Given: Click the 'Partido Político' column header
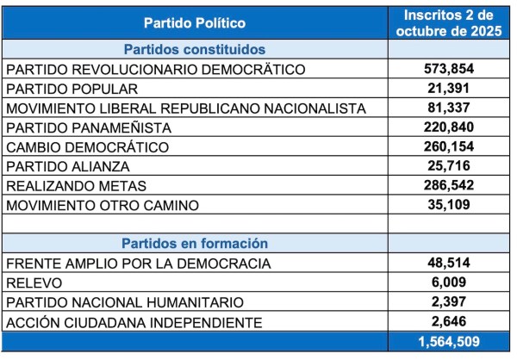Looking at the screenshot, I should pyautogui.click(x=194, y=22).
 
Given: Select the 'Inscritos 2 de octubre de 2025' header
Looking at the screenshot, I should pyautogui.click(x=449, y=22).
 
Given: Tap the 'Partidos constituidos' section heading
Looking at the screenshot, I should pyautogui.click(x=194, y=49).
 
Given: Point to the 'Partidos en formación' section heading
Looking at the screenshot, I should pyautogui.click(x=194, y=244).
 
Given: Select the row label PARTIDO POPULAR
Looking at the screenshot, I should pyautogui.click(x=72, y=89).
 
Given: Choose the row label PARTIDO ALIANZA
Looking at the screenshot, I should pyautogui.click(x=68, y=166).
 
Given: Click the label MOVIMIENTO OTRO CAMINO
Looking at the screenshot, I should pyautogui.click(x=103, y=205).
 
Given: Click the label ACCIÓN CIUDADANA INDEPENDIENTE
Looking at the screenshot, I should pyautogui.click(x=134, y=322).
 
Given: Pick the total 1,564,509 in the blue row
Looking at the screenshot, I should pyautogui.click(x=449, y=342).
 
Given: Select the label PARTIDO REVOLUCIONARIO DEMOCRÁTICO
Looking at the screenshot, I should pyautogui.click(x=155, y=69).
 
